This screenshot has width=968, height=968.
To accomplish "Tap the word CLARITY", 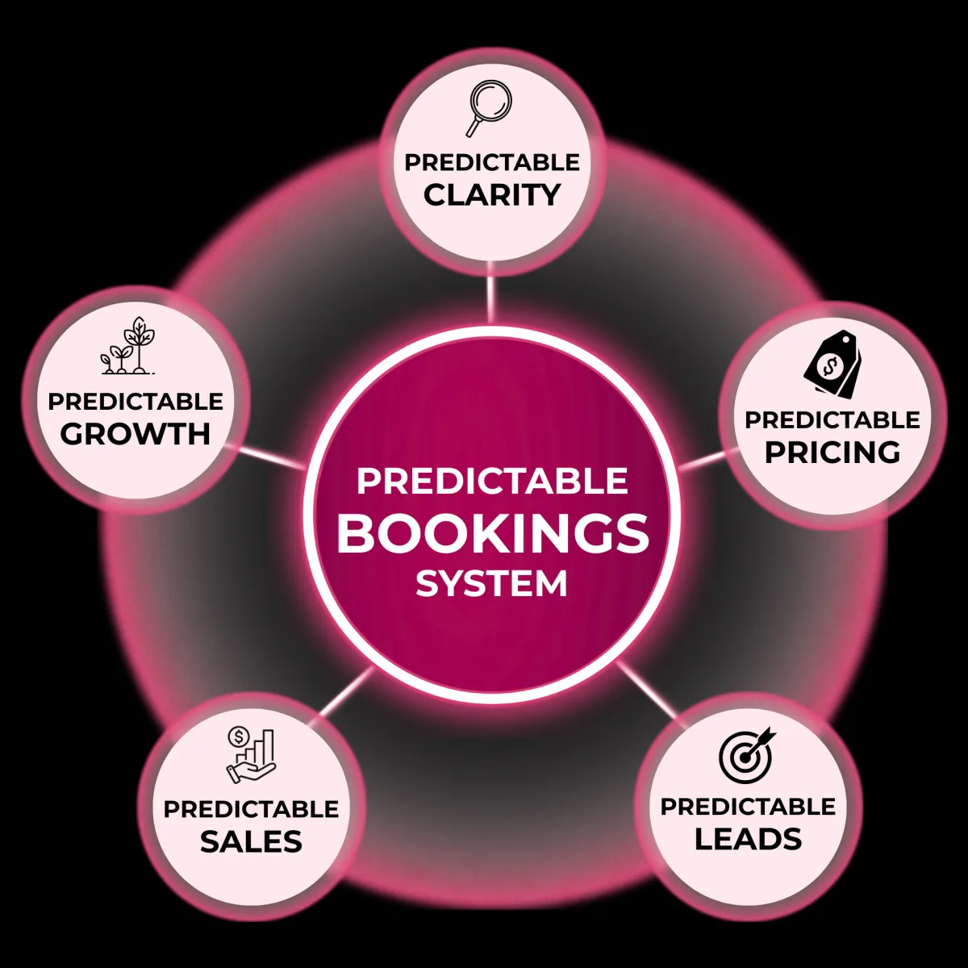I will click(x=492, y=195).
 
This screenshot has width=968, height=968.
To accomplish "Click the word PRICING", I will click(x=832, y=452).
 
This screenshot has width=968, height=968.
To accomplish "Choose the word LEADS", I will click(x=748, y=839).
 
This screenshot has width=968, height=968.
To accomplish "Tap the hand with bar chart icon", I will click(x=251, y=755).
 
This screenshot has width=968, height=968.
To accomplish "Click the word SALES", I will click(x=251, y=841).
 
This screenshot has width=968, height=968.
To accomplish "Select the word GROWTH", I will click(x=136, y=434).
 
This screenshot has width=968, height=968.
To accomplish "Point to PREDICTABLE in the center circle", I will click(x=492, y=482).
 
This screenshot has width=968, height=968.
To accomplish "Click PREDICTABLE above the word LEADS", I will click(x=748, y=807).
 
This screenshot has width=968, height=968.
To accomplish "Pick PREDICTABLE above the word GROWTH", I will click(x=136, y=401).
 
